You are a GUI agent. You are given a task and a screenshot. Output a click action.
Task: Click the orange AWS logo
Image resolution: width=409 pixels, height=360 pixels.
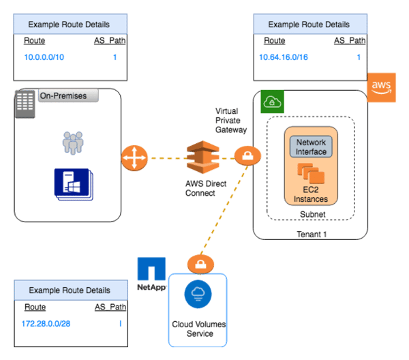click(x=381, y=87)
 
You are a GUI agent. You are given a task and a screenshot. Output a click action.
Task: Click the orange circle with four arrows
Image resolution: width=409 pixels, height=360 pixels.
click(x=134, y=158)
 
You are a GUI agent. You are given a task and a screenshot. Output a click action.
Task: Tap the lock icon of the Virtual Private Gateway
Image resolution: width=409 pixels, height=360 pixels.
click(x=245, y=157)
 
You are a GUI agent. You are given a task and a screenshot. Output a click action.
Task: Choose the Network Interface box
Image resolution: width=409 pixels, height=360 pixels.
click(x=311, y=147)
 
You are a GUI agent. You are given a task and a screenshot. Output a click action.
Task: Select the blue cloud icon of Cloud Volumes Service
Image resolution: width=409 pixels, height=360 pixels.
click(x=198, y=293)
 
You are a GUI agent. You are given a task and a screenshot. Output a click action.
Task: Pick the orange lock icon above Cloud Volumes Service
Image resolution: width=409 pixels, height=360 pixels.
click(x=198, y=264)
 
